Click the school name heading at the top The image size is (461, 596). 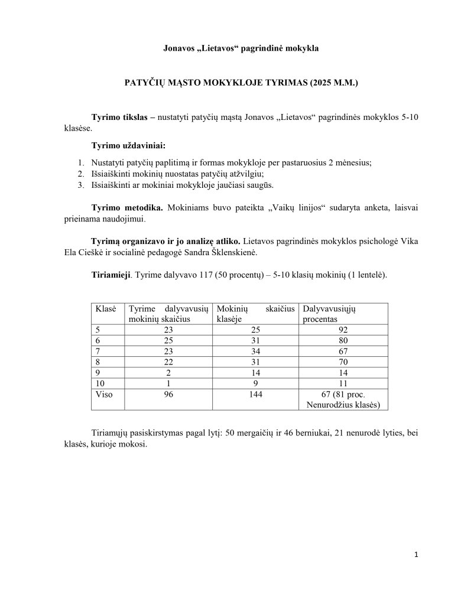[241, 48]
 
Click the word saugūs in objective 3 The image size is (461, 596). [260, 185]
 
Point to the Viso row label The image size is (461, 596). [103, 395]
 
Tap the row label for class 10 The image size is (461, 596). [100, 383]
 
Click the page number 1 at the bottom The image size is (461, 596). [417, 555]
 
